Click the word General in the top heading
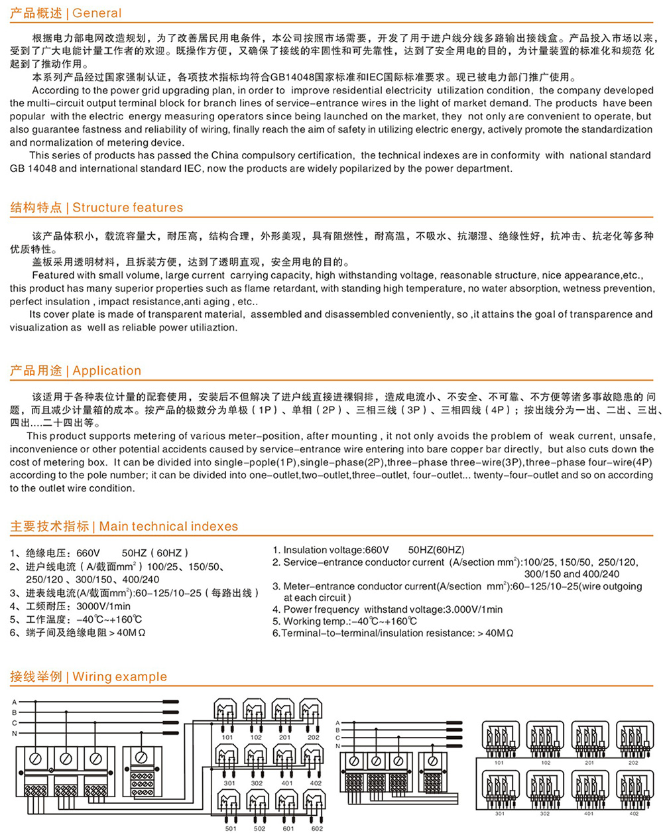point(97,13)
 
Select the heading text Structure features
point(127,208)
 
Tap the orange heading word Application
point(107,371)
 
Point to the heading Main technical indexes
point(168,527)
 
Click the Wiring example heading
point(119,677)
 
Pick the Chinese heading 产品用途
point(36,371)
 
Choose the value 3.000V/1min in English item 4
point(473,610)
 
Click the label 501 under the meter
point(230,828)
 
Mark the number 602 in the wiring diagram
point(317,828)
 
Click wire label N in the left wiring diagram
point(14,734)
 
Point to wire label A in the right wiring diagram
point(337,723)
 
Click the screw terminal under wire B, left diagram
point(66,758)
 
